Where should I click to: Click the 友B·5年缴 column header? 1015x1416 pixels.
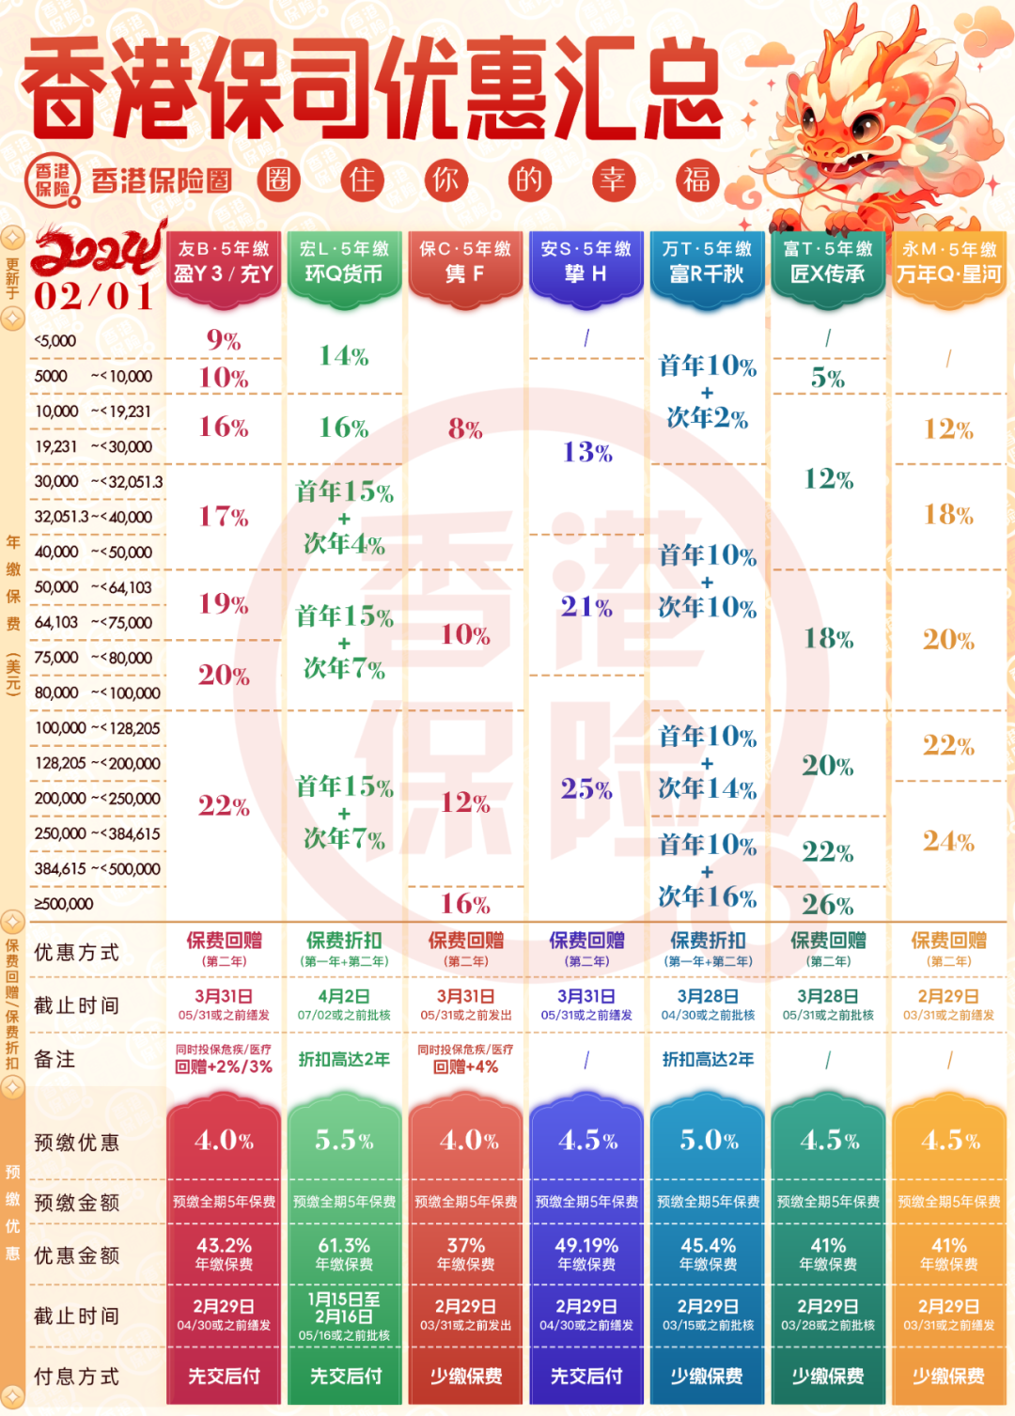pyautogui.click(x=224, y=261)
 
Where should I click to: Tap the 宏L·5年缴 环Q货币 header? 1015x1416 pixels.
pyautogui.click(x=344, y=261)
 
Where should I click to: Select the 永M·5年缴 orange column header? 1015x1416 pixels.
pyautogui.click(x=948, y=261)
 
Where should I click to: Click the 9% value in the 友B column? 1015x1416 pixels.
pyautogui.click(x=224, y=340)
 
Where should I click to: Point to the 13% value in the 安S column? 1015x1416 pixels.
pyautogui.click(x=587, y=453)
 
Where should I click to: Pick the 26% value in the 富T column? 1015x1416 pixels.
pyautogui.click(x=828, y=905)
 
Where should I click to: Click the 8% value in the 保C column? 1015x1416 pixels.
pyautogui.click(x=465, y=429)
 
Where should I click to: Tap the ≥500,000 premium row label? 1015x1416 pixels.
pyautogui.click(x=64, y=904)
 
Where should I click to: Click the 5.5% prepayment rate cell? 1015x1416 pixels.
pyautogui.click(x=344, y=1141)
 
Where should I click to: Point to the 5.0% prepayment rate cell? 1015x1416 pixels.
pyautogui.click(x=708, y=1141)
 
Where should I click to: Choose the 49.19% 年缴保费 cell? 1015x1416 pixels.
pyautogui.click(x=586, y=1253)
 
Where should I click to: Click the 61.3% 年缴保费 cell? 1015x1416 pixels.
pyautogui.click(x=344, y=1253)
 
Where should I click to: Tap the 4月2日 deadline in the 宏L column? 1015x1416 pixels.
pyautogui.click(x=344, y=997)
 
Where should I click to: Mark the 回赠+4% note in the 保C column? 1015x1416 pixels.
pyautogui.click(x=465, y=1067)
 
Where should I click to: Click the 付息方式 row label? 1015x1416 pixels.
pyautogui.click(x=77, y=1377)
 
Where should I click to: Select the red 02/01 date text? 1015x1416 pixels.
pyautogui.click(x=94, y=297)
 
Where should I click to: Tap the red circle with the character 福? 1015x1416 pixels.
pyautogui.click(x=696, y=179)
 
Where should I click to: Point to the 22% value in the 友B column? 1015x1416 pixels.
pyautogui.click(x=224, y=805)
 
